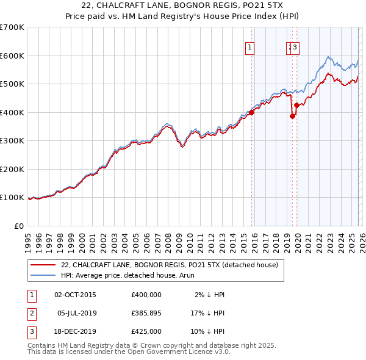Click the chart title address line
tap(182, 5)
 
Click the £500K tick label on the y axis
tap(12, 84)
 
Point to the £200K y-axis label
tap(12, 169)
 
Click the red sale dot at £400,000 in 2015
tap(251, 112)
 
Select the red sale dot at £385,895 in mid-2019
tap(292, 117)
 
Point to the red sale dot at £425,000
tap(296, 106)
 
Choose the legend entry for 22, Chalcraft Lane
tap(169, 265)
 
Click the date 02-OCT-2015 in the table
tap(74, 295)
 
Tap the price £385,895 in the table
tap(146, 313)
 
